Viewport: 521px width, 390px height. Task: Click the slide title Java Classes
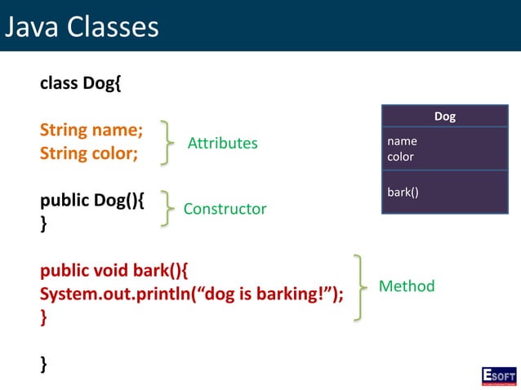pos(82,26)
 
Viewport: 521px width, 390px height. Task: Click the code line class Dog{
pos(81,83)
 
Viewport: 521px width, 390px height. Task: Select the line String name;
pos(91,130)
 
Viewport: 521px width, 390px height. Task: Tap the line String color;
pos(89,153)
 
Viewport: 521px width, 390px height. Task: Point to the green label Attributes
pos(222,144)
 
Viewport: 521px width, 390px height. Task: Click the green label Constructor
pos(225,209)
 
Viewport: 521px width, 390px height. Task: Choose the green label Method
pos(406,286)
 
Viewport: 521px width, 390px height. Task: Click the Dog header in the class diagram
pos(444,117)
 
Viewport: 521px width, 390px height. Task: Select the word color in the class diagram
pos(400,157)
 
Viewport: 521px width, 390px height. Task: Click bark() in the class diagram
pos(403,192)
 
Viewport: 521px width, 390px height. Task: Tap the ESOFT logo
pos(498,376)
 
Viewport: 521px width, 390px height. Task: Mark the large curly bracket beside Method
pos(359,287)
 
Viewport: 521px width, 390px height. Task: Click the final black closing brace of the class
pos(44,364)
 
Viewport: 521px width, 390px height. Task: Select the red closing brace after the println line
pos(44,317)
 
